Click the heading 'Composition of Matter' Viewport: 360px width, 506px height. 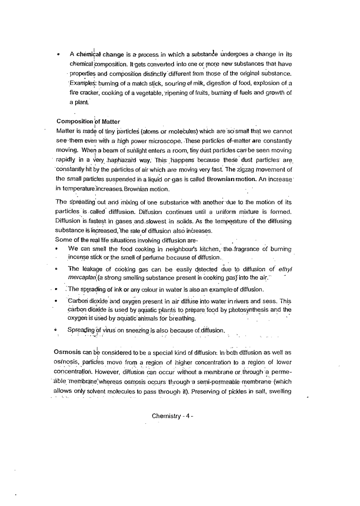88,121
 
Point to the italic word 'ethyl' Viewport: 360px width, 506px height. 285,269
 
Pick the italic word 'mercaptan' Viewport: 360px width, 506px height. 81,278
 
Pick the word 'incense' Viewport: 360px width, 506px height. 78,257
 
